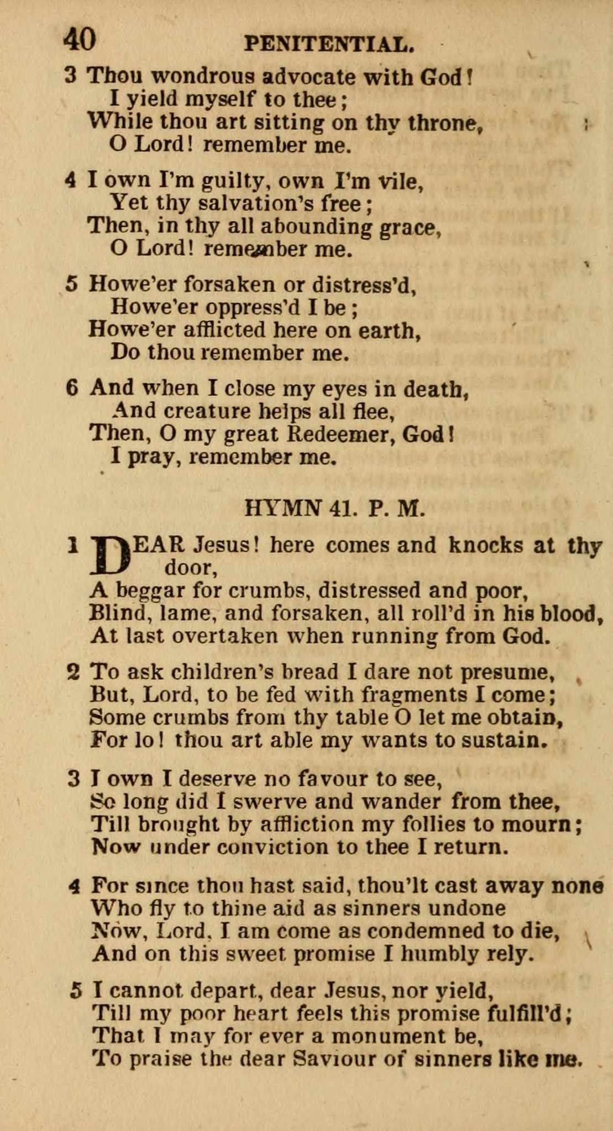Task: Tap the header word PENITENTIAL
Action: pos(329,44)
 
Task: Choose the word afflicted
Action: pos(218,330)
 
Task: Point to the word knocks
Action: pos(485,545)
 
